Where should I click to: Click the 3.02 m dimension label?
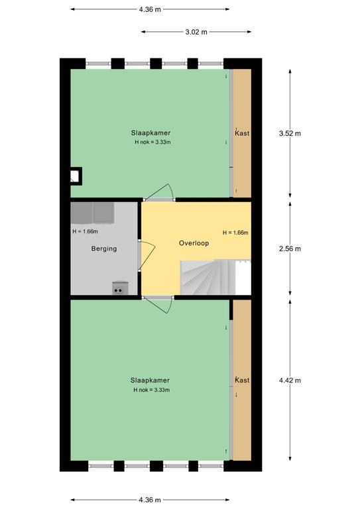pos(196,32)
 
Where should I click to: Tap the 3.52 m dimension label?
pos(290,133)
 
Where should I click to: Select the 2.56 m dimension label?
pos(290,249)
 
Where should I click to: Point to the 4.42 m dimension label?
pos(290,380)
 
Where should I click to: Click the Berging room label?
pos(104,249)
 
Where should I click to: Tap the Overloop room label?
pos(194,243)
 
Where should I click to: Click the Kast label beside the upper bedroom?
pos(242,133)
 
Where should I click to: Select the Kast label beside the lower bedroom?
pos(242,380)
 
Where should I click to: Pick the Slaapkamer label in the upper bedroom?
pos(150,133)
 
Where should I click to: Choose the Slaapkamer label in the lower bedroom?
pos(150,380)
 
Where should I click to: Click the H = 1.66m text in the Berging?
pos(85,231)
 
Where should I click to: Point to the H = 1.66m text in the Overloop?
pos(235,233)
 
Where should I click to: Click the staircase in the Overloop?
pos(215,277)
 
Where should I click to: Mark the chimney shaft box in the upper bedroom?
pos(76,176)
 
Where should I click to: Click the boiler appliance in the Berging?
pos(120,288)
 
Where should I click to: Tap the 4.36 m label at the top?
pos(150,9)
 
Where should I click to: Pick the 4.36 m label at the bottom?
pos(150,500)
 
